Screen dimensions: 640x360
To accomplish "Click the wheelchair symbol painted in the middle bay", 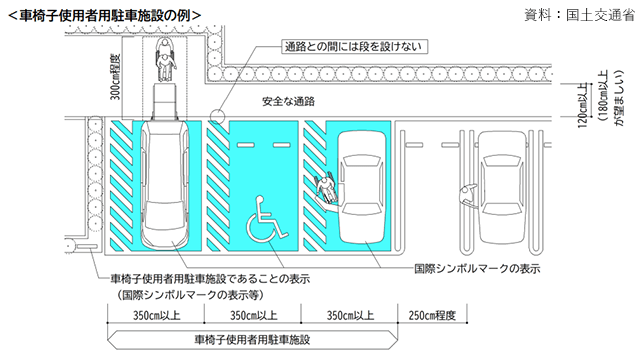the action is [267, 219].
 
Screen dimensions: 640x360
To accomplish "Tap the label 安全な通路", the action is [289, 101].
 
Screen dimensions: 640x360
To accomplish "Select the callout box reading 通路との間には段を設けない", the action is [354, 47].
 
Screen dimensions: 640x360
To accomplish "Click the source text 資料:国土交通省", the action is [580, 15].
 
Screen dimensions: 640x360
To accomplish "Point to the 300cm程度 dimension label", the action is [116, 77].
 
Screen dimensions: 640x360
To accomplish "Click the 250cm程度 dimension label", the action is [432, 316].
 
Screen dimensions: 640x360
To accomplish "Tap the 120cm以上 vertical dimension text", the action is [583, 105].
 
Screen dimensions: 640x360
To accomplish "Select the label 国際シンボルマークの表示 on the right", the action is [477, 269].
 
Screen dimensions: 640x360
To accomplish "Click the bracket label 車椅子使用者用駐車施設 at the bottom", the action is [252, 339].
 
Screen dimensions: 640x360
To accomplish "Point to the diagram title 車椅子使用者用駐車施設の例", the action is [104, 16].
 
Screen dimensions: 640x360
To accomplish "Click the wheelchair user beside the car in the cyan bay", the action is [328, 189].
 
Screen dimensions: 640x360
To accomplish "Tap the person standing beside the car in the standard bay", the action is [467, 195].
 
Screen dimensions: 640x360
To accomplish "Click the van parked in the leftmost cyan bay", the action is [164, 185].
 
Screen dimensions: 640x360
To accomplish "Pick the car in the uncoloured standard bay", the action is [502, 187].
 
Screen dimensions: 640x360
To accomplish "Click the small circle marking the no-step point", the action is [218, 117].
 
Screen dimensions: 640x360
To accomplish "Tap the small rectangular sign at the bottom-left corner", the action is [87, 247].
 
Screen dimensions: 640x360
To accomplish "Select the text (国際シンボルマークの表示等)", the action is [191, 295].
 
